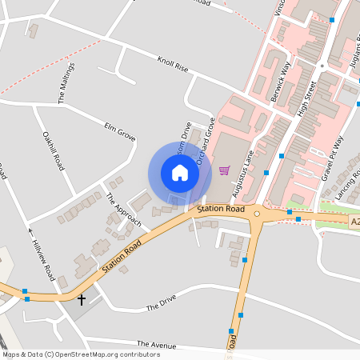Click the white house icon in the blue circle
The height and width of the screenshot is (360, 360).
click(179, 173)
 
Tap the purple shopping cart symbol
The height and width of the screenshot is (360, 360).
click(224, 170)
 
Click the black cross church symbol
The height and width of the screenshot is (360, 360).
click(81, 299)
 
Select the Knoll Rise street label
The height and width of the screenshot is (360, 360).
click(173, 65)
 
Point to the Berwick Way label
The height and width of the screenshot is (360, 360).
click(282, 76)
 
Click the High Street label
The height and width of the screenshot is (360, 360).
click(307, 99)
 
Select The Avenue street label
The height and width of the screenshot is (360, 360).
click(155, 343)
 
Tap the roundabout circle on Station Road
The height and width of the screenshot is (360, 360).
click(258, 214)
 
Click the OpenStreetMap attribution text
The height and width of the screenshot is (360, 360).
click(80, 354)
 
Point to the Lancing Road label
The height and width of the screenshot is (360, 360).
click(349, 185)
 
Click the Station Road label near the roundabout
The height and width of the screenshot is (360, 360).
click(221, 209)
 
